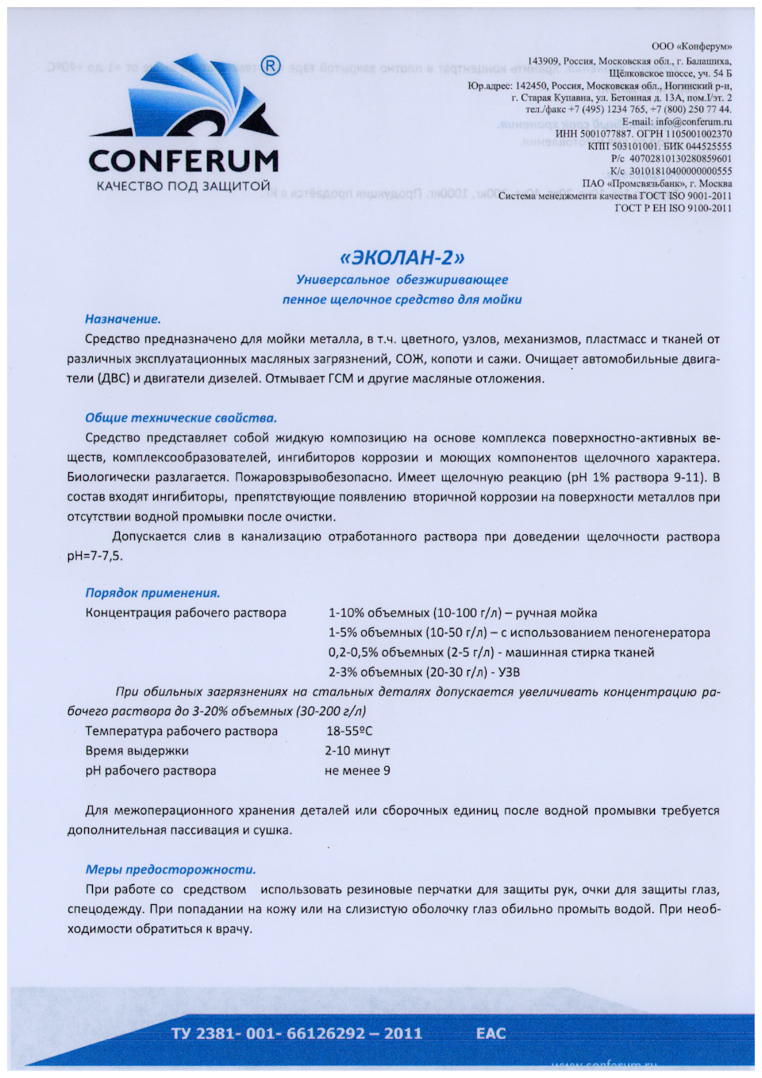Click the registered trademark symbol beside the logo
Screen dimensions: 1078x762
(x=271, y=66)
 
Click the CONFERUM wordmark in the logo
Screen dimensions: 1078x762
(x=184, y=160)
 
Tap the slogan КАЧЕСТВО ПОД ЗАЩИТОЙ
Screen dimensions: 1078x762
(x=183, y=187)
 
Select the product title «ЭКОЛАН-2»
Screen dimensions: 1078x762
(x=402, y=257)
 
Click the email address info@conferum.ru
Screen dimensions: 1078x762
(x=693, y=121)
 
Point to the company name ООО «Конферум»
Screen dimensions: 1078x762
(x=691, y=47)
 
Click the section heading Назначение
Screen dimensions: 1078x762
(x=123, y=319)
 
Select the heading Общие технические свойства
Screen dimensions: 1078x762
(x=181, y=418)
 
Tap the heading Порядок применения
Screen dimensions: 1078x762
(x=152, y=593)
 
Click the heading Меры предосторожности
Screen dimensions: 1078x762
(x=171, y=869)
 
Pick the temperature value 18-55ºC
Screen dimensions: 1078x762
(x=349, y=731)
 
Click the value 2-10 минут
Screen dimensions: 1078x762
(x=357, y=751)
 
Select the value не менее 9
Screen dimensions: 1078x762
(x=357, y=771)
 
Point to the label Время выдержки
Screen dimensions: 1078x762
(x=137, y=751)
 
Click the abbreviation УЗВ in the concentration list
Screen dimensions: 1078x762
(x=508, y=672)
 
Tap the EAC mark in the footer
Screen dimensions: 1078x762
(x=491, y=1033)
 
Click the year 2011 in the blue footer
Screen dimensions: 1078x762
(x=402, y=1033)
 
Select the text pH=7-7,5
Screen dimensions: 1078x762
(x=95, y=556)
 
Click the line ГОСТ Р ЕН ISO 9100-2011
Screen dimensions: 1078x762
(x=673, y=208)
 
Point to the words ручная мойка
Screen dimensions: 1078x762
(x=556, y=613)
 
